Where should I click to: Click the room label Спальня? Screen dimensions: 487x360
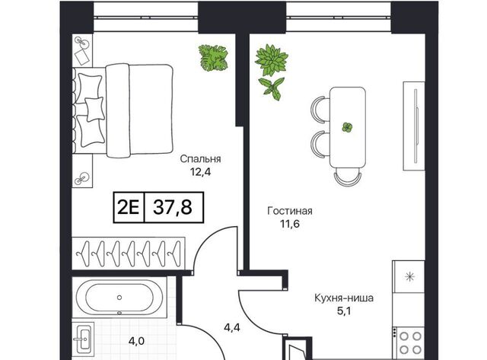point(200,159)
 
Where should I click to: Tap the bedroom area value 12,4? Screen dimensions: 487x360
point(201,172)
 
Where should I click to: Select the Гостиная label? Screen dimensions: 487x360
point(290,212)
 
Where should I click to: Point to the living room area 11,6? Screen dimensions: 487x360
point(290,224)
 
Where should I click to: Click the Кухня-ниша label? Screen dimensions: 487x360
point(344,298)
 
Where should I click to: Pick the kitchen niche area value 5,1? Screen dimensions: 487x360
point(344,311)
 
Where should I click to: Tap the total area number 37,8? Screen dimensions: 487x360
point(173,208)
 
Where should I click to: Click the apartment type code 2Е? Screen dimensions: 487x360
point(129,208)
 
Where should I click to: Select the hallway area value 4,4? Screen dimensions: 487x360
point(232,327)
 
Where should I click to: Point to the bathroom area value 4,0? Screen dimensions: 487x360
point(137,342)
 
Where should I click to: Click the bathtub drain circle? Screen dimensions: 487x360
point(119,298)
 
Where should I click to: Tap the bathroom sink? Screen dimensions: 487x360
point(83,339)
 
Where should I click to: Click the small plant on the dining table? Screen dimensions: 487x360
point(347,127)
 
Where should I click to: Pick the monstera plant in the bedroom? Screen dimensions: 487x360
point(213,58)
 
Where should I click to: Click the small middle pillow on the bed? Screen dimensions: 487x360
point(94,109)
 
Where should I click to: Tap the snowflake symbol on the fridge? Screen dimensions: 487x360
point(410,276)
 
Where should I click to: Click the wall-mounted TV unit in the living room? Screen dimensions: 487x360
point(414,126)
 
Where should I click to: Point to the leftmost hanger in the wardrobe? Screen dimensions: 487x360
point(84,254)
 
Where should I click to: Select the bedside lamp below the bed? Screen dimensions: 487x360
point(82,178)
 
